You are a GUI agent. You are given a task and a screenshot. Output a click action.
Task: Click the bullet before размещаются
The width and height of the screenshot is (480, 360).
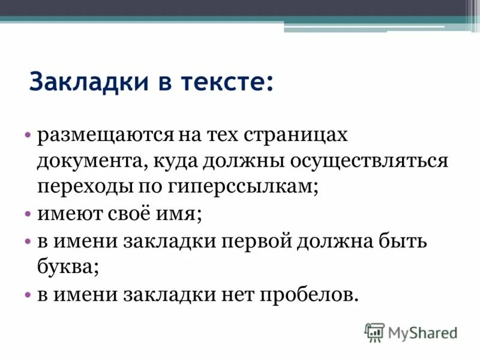coord(28,136)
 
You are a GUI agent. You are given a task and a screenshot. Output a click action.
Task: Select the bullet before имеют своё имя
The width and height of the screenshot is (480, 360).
coord(28,214)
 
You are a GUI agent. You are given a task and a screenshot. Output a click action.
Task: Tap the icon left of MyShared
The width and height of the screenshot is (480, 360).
coord(374,332)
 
